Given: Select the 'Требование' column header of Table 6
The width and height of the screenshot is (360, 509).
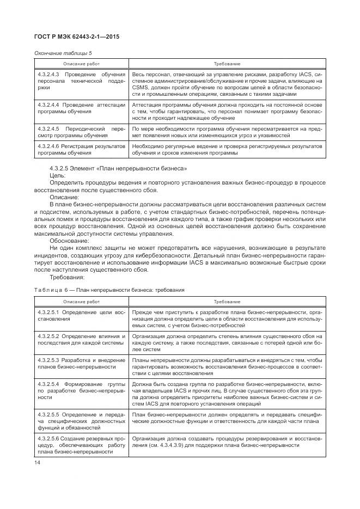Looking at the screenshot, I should (x=227, y=301).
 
